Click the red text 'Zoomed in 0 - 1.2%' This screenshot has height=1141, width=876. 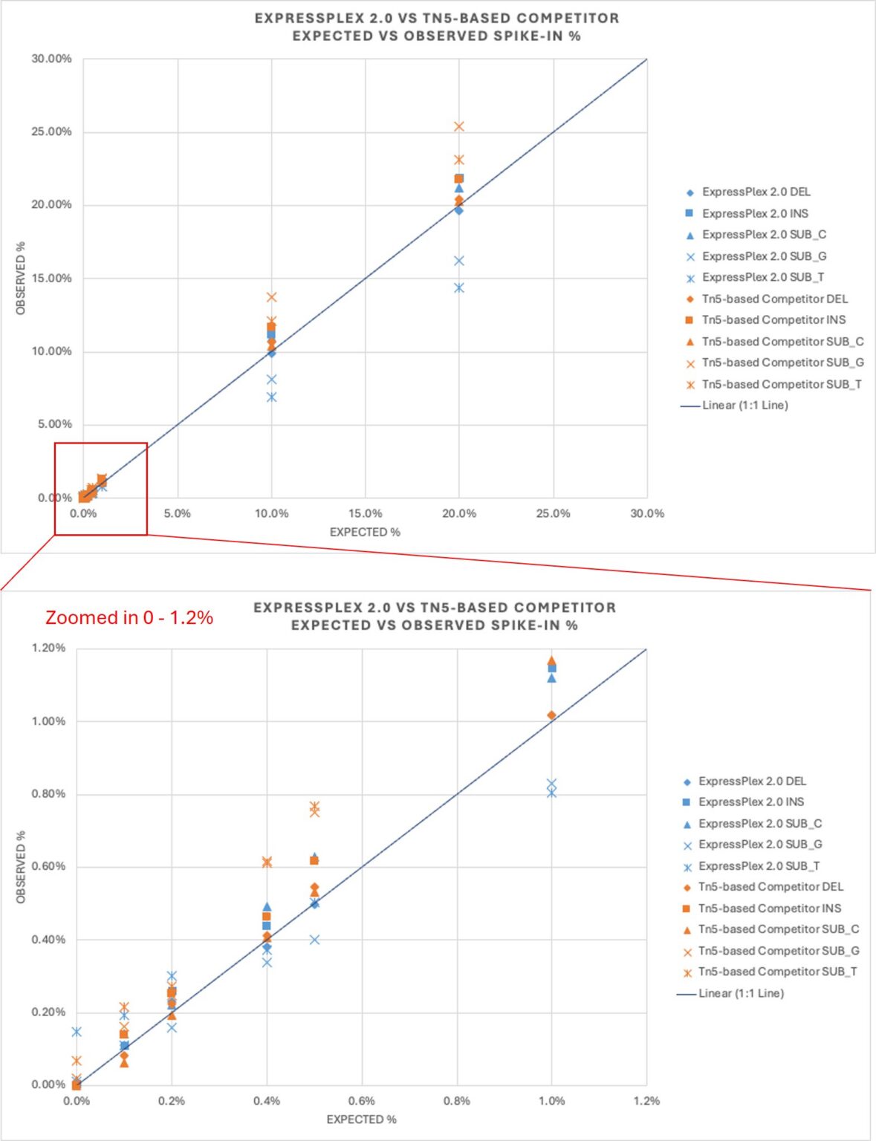(x=129, y=617)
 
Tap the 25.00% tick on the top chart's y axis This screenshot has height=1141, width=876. (x=51, y=131)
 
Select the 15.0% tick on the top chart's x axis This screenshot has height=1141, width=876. (x=365, y=513)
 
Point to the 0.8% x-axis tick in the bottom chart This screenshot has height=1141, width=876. (x=456, y=1101)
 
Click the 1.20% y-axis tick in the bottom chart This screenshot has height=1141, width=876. (x=48, y=648)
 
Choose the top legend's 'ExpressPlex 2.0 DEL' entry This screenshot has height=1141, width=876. (x=756, y=192)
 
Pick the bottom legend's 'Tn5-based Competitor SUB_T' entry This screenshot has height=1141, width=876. (x=777, y=972)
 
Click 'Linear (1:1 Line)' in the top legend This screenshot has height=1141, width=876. (x=744, y=405)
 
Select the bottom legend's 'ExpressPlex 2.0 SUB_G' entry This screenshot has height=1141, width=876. (x=759, y=845)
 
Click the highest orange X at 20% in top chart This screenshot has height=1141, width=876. (x=459, y=126)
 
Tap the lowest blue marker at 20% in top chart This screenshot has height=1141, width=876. (x=459, y=287)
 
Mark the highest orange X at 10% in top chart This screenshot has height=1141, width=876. (x=271, y=297)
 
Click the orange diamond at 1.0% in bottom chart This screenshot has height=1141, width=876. (x=551, y=715)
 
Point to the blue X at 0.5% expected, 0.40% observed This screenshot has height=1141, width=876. (x=314, y=940)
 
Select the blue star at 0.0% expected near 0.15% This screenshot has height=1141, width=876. (x=77, y=1032)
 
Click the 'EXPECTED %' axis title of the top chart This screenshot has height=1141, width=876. (x=365, y=532)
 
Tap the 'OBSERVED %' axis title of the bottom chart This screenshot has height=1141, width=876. (x=21, y=867)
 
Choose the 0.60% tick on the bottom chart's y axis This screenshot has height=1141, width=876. (x=48, y=866)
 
